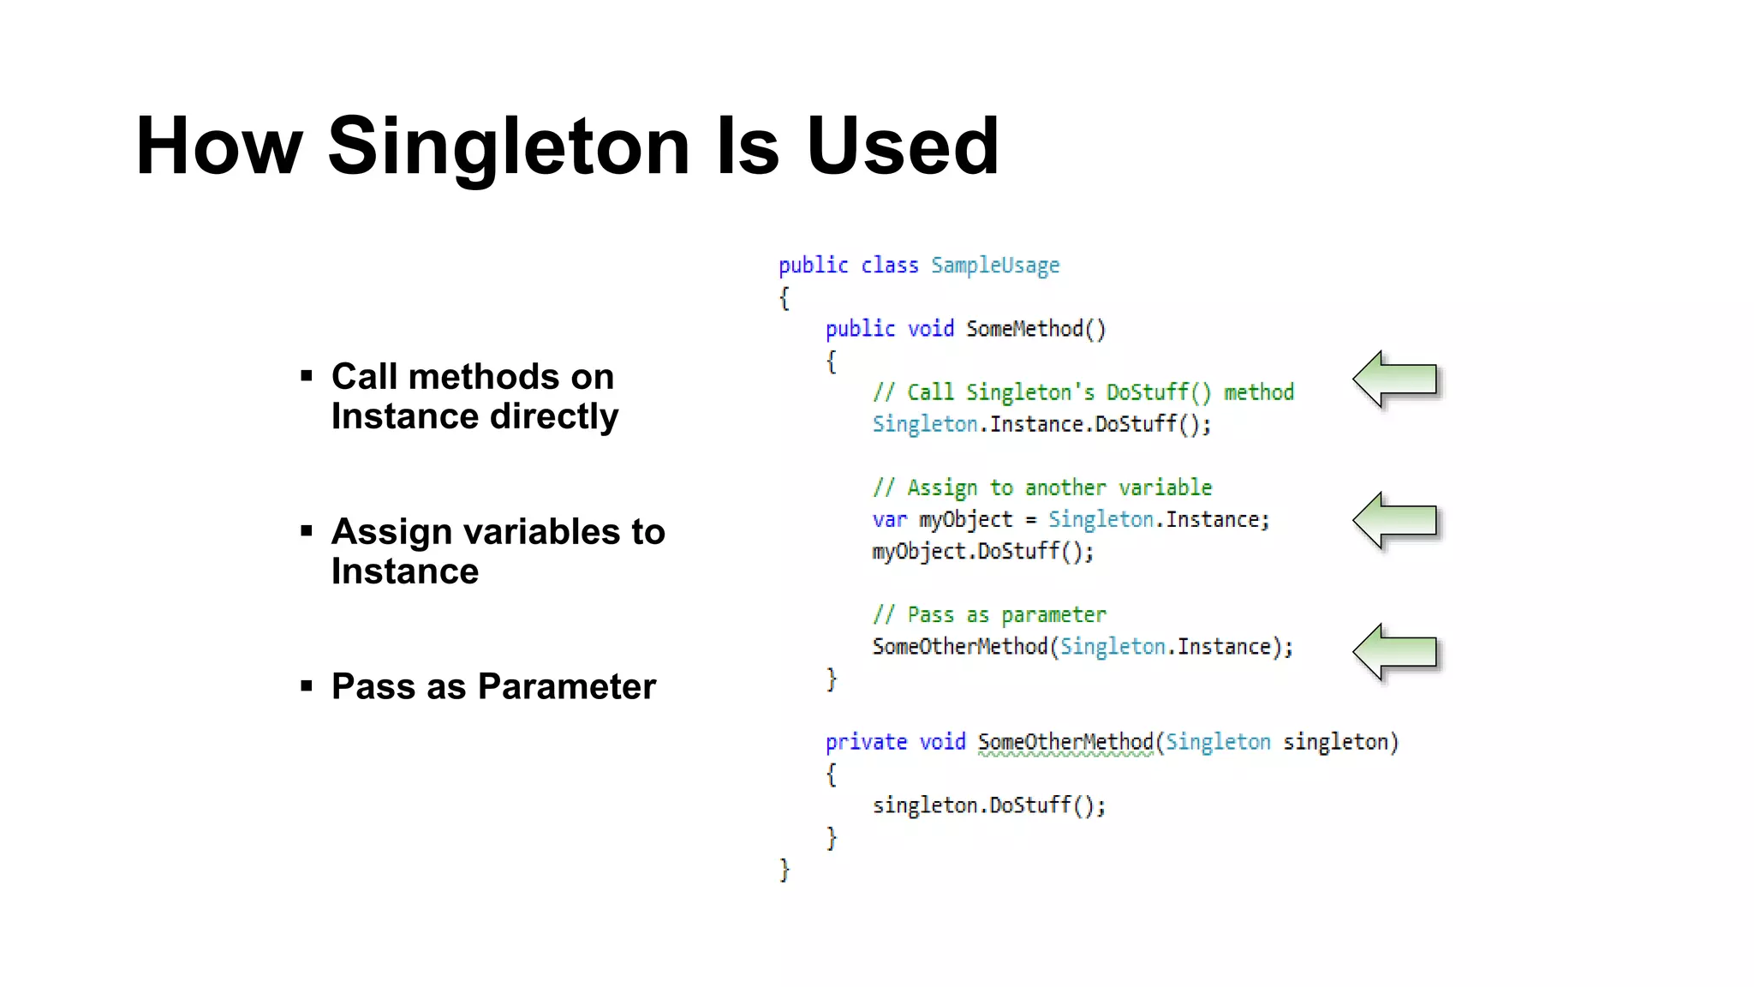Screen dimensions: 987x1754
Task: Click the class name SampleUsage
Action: click(995, 266)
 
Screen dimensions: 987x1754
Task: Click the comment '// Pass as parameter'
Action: click(989, 615)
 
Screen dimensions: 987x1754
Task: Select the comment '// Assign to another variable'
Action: click(1042, 488)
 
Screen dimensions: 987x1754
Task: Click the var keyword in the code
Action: click(889, 520)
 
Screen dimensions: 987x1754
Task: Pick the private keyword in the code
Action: click(866, 742)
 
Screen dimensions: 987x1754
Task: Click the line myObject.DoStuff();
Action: click(983, 552)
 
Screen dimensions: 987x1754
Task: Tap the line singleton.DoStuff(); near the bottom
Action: click(989, 805)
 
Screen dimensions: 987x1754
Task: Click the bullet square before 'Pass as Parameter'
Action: click(307, 685)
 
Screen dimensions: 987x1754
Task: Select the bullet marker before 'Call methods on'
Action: click(307, 375)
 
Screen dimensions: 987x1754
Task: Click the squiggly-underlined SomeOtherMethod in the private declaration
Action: click(1065, 742)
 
